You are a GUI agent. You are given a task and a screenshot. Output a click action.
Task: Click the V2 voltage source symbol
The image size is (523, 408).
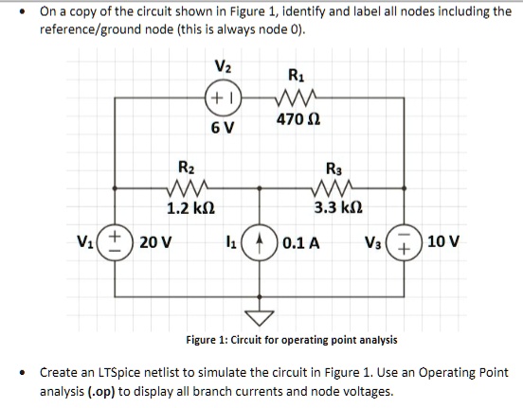click(223, 97)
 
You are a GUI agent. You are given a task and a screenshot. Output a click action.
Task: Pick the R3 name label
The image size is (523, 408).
click(335, 169)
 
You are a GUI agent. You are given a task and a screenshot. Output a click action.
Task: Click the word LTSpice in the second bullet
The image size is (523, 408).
click(106, 373)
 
